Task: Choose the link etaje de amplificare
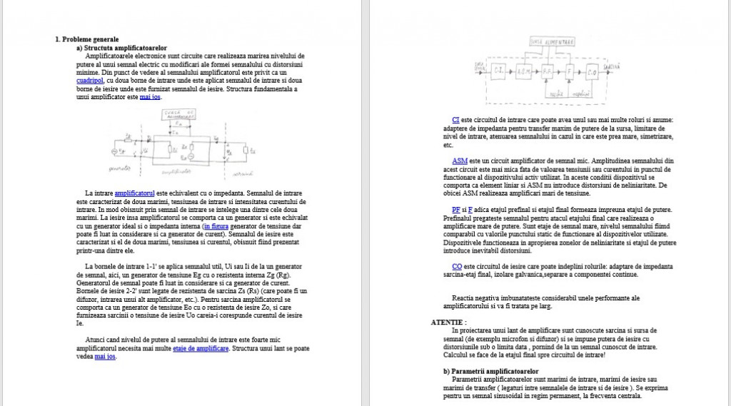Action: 201,348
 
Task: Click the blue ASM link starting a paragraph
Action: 460,161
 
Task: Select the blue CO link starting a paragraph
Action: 457,265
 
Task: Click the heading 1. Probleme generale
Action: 87,39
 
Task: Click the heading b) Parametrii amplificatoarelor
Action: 490,371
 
